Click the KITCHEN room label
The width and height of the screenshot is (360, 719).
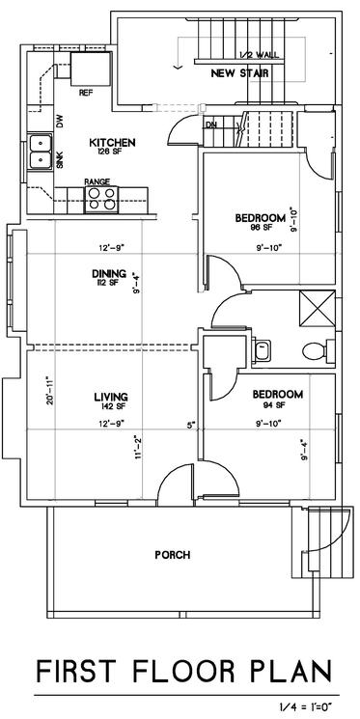pyautogui.click(x=112, y=142)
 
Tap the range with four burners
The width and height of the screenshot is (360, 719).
pyautogui.click(x=101, y=199)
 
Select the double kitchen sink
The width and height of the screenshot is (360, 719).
pyautogui.click(x=40, y=152)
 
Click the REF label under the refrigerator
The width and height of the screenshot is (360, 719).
pyautogui.click(x=86, y=93)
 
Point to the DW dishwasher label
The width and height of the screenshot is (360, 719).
pyautogui.click(x=60, y=121)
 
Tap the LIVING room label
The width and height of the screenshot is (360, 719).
pyautogui.click(x=111, y=397)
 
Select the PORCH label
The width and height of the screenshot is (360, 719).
pyautogui.click(x=172, y=555)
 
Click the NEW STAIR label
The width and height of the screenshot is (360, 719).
pyautogui.click(x=240, y=73)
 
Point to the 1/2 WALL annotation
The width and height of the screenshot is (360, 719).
pyautogui.click(x=259, y=55)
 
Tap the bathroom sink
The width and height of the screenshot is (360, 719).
pyautogui.click(x=262, y=351)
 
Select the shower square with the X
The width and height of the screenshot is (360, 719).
pyautogui.click(x=317, y=308)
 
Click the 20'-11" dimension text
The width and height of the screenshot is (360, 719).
pyautogui.click(x=50, y=391)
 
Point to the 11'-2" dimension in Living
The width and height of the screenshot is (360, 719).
pyautogui.click(x=138, y=449)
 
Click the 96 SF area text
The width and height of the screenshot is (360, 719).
pyautogui.click(x=260, y=227)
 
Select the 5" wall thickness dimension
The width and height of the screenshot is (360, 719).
pyautogui.click(x=191, y=425)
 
